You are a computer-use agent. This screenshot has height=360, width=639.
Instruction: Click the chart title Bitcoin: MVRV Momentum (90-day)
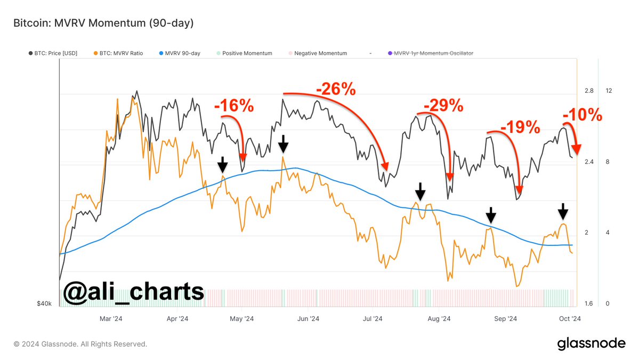click(x=103, y=23)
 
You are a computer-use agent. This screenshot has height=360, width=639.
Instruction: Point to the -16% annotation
click(x=234, y=106)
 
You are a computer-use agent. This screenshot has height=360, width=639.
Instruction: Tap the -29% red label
click(x=443, y=106)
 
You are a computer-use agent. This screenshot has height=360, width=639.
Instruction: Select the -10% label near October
click(x=582, y=114)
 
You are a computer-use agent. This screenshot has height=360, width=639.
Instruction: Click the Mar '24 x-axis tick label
click(x=111, y=319)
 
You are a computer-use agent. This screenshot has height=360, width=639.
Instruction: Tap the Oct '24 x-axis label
click(x=570, y=319)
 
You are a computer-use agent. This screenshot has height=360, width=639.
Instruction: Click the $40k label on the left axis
click(x=44, y=304)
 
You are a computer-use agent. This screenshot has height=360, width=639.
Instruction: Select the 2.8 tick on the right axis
click(x=589, y=91)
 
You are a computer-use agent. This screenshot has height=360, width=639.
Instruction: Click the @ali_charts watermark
click(x=133, y=292)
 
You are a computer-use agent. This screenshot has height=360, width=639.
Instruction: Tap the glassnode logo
click(x=591, y=344)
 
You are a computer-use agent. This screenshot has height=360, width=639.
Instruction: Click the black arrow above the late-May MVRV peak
click(x=284, y=143)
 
